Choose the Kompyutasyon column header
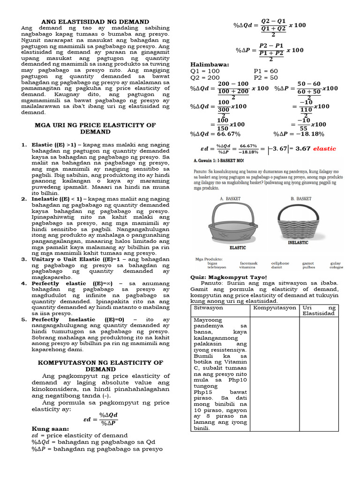point(275,308)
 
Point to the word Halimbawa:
point(210,64)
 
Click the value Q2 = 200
point(206,77)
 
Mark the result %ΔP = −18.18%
point(299,134)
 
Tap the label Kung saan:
point(50,428)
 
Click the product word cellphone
point(280,263)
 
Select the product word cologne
point(336,267)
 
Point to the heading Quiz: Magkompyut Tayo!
point(228,277)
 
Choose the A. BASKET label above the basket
point(230,199)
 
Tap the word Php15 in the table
point(202,392)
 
